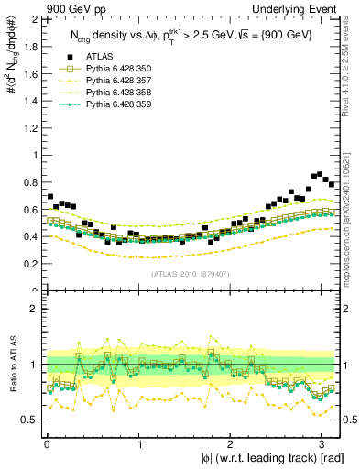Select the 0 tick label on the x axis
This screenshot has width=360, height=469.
pyautogui.click(x=47, y=443)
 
